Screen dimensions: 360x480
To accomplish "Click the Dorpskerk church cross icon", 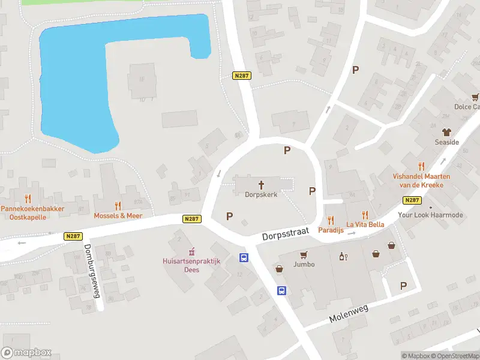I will point(262,184).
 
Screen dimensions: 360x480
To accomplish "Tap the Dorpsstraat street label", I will point(285,233).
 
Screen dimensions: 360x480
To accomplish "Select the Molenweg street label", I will point(348,313).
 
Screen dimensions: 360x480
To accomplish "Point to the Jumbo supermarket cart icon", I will point(304,254).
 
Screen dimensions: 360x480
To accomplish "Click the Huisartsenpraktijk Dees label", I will point(192,265).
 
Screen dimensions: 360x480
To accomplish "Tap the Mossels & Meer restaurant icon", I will point(118,206).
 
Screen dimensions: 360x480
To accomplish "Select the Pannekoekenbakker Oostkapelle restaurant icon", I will point(28,199).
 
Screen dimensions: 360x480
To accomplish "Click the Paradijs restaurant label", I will point(330,230).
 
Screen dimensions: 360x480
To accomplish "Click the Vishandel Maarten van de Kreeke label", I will point(418,181).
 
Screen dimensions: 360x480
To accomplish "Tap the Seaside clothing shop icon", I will point(446,132).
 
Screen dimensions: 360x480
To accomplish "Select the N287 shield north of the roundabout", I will point(241,76).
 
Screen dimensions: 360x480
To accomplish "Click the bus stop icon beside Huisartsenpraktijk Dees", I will point(244,258).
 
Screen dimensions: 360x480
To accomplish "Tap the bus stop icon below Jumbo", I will point(281,290).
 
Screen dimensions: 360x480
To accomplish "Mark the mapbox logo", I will point(26,353).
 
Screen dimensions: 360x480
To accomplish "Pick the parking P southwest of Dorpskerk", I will point(229,216).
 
